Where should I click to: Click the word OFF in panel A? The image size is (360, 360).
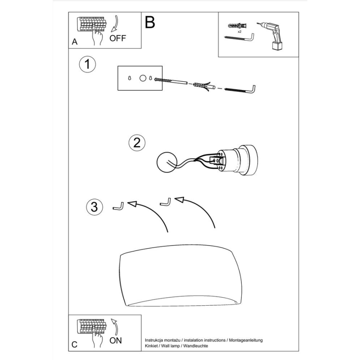[x=117, y=38]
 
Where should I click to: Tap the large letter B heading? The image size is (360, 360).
[x=150, y=22]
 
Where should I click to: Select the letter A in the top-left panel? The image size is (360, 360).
[x=75, y=42]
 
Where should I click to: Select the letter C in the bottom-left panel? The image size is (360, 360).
[x=74, y=344]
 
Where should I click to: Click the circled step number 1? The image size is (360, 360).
[x=87, y=65]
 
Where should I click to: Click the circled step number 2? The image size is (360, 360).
[x=137, y=143]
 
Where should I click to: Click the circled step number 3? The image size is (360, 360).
[x=95, y=206]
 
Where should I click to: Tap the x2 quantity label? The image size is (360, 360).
[x=239, y=32]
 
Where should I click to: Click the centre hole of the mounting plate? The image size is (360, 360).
[x=143, y=78]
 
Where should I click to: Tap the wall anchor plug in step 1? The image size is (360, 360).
[x=200, y=86]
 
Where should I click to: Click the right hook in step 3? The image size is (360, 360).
[x=165, y=202]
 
